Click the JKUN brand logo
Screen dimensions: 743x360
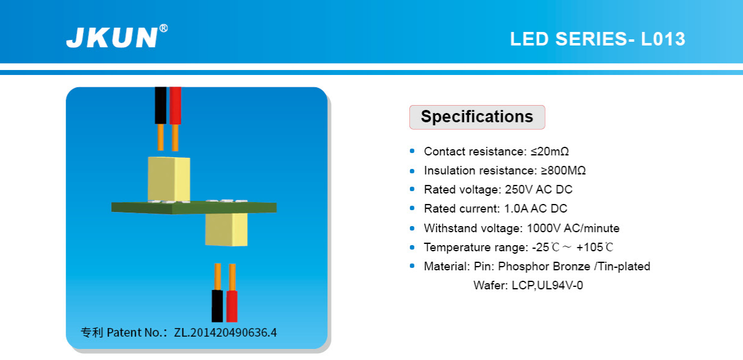coord(112,37)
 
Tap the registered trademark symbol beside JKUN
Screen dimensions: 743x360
coord(163,28)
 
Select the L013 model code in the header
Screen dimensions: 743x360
coord(663,39)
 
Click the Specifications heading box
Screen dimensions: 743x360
coord(477,117)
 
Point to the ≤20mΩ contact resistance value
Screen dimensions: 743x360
coord(549,152)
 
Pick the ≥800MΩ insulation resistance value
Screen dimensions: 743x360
coord(563,171)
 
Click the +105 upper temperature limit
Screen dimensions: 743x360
coord(590,248)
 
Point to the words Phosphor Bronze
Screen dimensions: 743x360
coord(544,267)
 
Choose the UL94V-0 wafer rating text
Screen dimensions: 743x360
coord(560,286)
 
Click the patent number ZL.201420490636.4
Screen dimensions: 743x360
coord(225,332)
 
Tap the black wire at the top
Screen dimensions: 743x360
coord(160,106)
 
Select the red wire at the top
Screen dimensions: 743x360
coord(175,106)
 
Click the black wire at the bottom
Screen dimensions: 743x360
coord(218,306)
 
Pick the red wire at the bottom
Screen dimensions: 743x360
coord(232,306)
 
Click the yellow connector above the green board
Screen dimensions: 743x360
coord(169,179)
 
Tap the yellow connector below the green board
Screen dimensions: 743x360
coord(226,229)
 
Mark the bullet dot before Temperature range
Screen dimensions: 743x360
coord(412,248)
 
